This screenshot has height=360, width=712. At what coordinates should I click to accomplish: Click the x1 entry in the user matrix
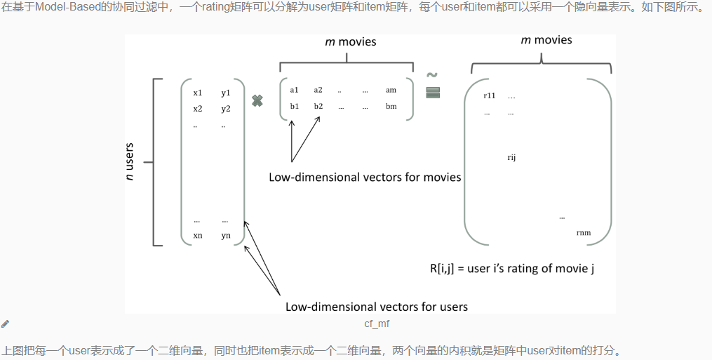click(x=197, y=93)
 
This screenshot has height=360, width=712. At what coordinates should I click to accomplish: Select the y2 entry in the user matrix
click(x=225, y=109)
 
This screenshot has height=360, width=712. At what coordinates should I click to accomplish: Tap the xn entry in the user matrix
click(x=197, y=235)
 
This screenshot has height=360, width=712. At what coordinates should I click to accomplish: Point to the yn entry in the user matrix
click(x=225, y=235)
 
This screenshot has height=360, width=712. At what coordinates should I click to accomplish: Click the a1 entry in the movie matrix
click(x=294, y=90)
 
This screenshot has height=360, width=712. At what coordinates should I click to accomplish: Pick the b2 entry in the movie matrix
click(x=318, y=106)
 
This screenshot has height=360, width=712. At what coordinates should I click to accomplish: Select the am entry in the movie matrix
click(x=391, y=90)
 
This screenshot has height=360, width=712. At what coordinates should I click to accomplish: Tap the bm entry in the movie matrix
click(x=391, y=106)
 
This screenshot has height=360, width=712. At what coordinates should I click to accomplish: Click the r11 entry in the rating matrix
click(x=490, y=95)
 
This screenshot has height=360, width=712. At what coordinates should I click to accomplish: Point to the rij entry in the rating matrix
click(x=511, y=157)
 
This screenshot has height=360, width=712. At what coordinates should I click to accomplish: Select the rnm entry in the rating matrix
click(x=583, y=232)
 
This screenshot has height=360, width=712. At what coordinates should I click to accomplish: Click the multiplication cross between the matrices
click(x=257, y=101)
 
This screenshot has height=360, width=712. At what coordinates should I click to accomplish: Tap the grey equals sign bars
click(x=432, y=93)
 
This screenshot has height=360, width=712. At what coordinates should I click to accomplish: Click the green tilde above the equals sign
click(x=432, y=75)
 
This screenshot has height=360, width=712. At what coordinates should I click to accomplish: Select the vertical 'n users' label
click(x=130, y=162)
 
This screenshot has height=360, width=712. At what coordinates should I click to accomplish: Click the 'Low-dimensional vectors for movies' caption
click(x=365, y=177)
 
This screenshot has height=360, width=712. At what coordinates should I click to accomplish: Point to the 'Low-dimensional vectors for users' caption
click(x=376, y=307)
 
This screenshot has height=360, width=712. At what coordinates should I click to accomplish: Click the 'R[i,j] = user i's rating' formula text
click(x=512, y=268)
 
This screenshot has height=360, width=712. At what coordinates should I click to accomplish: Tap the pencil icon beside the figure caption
click(x=6, y=324)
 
